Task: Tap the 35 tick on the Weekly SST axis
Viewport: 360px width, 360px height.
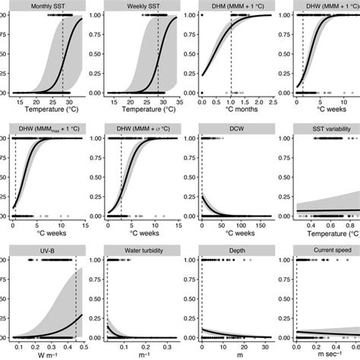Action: click(x=177, y=100)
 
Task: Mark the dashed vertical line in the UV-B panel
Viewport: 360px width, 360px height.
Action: click(x=75, y=304)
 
